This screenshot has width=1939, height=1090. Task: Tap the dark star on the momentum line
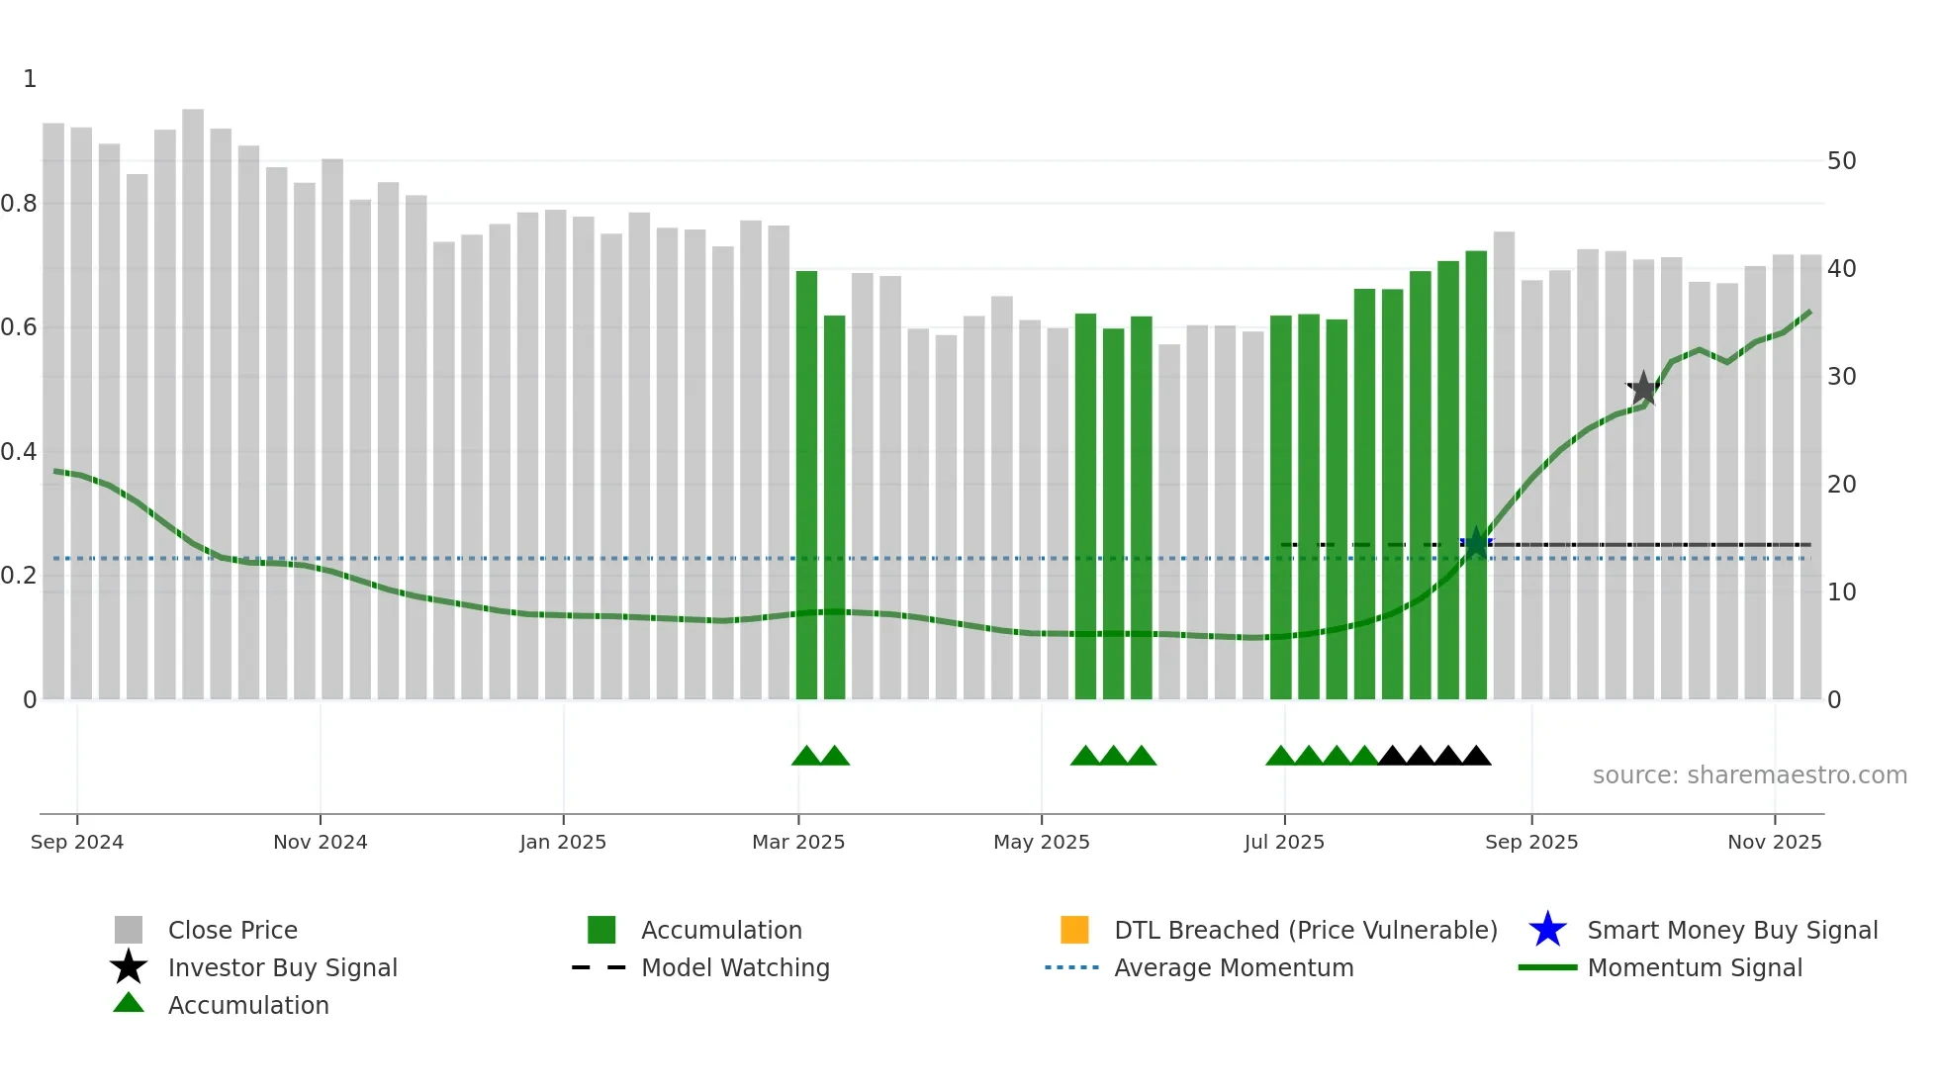[x=1643, y=389]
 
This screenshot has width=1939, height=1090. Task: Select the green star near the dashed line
[x=1476, y=543]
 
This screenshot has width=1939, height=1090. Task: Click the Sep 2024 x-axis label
[x=77, y=842]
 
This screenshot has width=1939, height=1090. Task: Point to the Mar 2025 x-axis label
[x=798, y=842]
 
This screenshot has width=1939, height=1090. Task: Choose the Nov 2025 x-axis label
[x=1774, y=842]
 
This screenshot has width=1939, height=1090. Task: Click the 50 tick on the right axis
[x=1841, y=160]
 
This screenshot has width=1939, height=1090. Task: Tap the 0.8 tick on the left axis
[x=20, y=204]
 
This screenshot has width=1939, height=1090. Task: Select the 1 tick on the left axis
[x=30, y=79]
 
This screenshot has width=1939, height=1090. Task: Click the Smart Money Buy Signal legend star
[x=1547, y=930]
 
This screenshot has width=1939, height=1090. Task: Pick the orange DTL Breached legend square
[x=1074, y=930]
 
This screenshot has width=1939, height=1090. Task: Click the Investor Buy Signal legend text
[x=282, y=967]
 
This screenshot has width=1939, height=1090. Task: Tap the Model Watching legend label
[x=735, y=967]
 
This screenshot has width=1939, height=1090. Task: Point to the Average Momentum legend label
[x=1234, y=967]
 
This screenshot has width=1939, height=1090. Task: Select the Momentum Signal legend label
[x=1695, y=967]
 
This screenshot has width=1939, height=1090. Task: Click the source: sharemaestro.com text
[x=1749, y=775]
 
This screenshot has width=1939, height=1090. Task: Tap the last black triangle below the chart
[x=1476, y=757]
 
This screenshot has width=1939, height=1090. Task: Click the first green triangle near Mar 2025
[x=806, y=757]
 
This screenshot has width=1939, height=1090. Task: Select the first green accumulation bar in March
[x=806, y=485]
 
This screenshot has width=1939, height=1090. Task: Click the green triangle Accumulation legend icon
[x=129, y=1003]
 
